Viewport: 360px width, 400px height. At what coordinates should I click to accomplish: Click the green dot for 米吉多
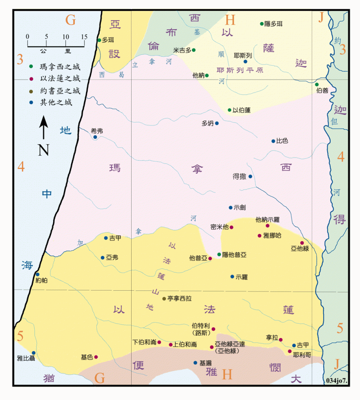pos(194,50)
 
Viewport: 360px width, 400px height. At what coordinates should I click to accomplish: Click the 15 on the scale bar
pos(84,36)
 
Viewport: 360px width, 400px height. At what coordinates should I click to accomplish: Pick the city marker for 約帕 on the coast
pos(37,274)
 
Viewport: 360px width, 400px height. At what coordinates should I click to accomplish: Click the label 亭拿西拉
pos(180,298)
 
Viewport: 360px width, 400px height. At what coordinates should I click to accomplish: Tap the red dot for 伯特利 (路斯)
pos(213,329)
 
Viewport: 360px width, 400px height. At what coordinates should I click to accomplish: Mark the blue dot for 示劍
pos(230,207)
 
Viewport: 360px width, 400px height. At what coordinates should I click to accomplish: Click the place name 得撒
pos(240,176)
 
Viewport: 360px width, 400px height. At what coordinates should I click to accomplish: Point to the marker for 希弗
pos(95,137)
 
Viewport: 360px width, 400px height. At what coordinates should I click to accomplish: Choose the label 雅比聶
pos(26,358)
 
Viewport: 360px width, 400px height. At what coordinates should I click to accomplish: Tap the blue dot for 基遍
pos(195,363)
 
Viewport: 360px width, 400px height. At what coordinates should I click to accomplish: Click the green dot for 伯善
pos(316,84)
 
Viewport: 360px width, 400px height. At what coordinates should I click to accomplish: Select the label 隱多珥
pos(274,24)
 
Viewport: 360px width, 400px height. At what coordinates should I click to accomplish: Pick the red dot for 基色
pos(96,357)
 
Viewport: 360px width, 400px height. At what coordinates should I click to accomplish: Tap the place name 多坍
pos(207,123)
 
